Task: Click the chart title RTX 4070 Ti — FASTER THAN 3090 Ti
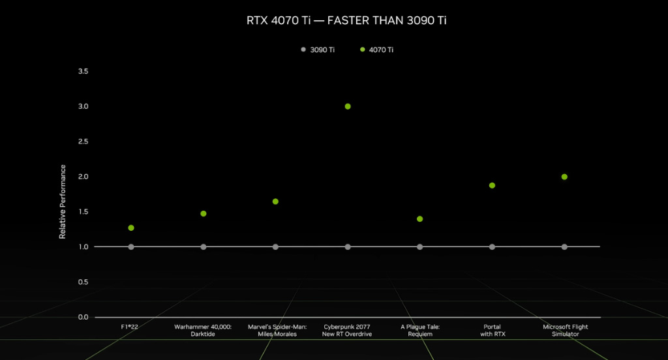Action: pos(346,20)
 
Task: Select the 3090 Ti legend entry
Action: pos(318,50)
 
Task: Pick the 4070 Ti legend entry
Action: pos(376,50)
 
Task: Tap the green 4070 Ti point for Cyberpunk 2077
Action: pos(348,106)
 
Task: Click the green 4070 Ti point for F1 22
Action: pos(130,228)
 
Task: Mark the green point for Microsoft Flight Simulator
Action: pos(564,177)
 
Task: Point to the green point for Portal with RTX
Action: pos(492,185)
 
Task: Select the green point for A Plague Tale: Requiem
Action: pos(419,219)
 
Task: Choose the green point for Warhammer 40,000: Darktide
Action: pos(204,213)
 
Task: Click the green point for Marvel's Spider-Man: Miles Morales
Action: pos(275,202)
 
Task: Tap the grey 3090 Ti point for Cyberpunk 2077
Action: pos(348,247)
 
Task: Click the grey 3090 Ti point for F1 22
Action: pos(130,247)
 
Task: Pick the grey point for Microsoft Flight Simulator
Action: pos(564,247)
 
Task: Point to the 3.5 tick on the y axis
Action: pos(83,71)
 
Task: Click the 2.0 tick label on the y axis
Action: pos(83,177)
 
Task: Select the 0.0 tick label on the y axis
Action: pos(83,318)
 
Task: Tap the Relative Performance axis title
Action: pos(63,202)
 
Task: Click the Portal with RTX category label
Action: pos(493,331)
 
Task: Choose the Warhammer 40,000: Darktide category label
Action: pos(203,331)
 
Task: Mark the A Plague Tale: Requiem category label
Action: pos(420,331)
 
